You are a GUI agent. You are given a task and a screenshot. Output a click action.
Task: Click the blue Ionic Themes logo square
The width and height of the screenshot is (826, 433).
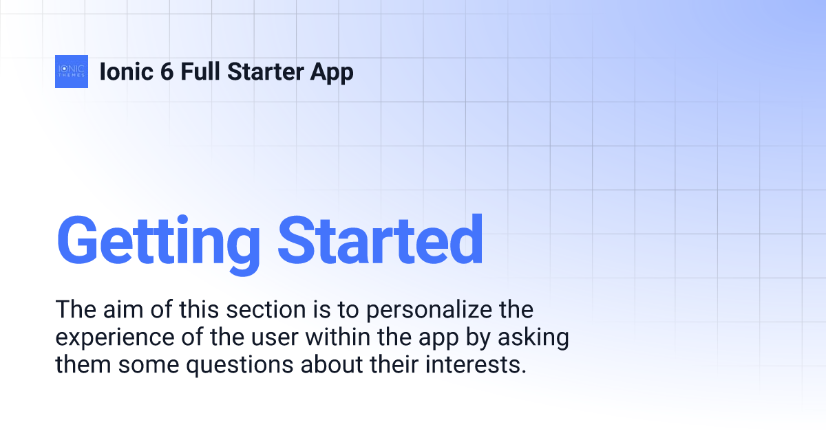pyautogui.click(x=72, y=71)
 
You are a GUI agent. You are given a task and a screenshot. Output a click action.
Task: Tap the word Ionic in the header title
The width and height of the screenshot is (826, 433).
pyautogui.click(x=127, y=71)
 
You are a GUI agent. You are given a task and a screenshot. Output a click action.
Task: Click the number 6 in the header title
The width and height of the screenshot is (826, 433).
pyautogui.click(x=167, y=71)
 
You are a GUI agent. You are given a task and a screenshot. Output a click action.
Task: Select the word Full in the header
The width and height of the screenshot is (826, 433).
pyautogui.click(x=200, y=71)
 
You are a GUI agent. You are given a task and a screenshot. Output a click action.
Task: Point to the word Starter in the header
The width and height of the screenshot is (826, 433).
pyautogui.click(x=265, y=71)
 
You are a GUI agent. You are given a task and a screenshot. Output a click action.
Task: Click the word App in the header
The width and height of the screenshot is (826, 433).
pyautogui.click(x=332, y=74)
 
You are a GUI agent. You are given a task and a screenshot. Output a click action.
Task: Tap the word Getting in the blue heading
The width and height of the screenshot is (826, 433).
pyautogui.click(x=158, y=245)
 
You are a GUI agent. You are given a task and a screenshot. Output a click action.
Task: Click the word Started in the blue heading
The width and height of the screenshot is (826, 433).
pyautogui.click(x=380, y=239)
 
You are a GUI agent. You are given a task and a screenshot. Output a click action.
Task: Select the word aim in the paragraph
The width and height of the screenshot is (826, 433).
pyautogui.click(x=123, y=309)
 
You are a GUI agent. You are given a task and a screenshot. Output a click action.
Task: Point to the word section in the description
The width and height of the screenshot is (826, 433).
pyautogui.click(x=266, y=309)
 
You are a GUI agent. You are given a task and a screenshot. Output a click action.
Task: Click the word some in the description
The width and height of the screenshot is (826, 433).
pyautogui.click(x=149, y=366)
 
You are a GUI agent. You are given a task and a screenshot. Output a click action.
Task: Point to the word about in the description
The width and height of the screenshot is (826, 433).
pyautogui.click(x=332, y=364)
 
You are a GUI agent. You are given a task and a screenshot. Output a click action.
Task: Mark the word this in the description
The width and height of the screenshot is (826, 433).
pyautogui.click(x=199, y=309)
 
